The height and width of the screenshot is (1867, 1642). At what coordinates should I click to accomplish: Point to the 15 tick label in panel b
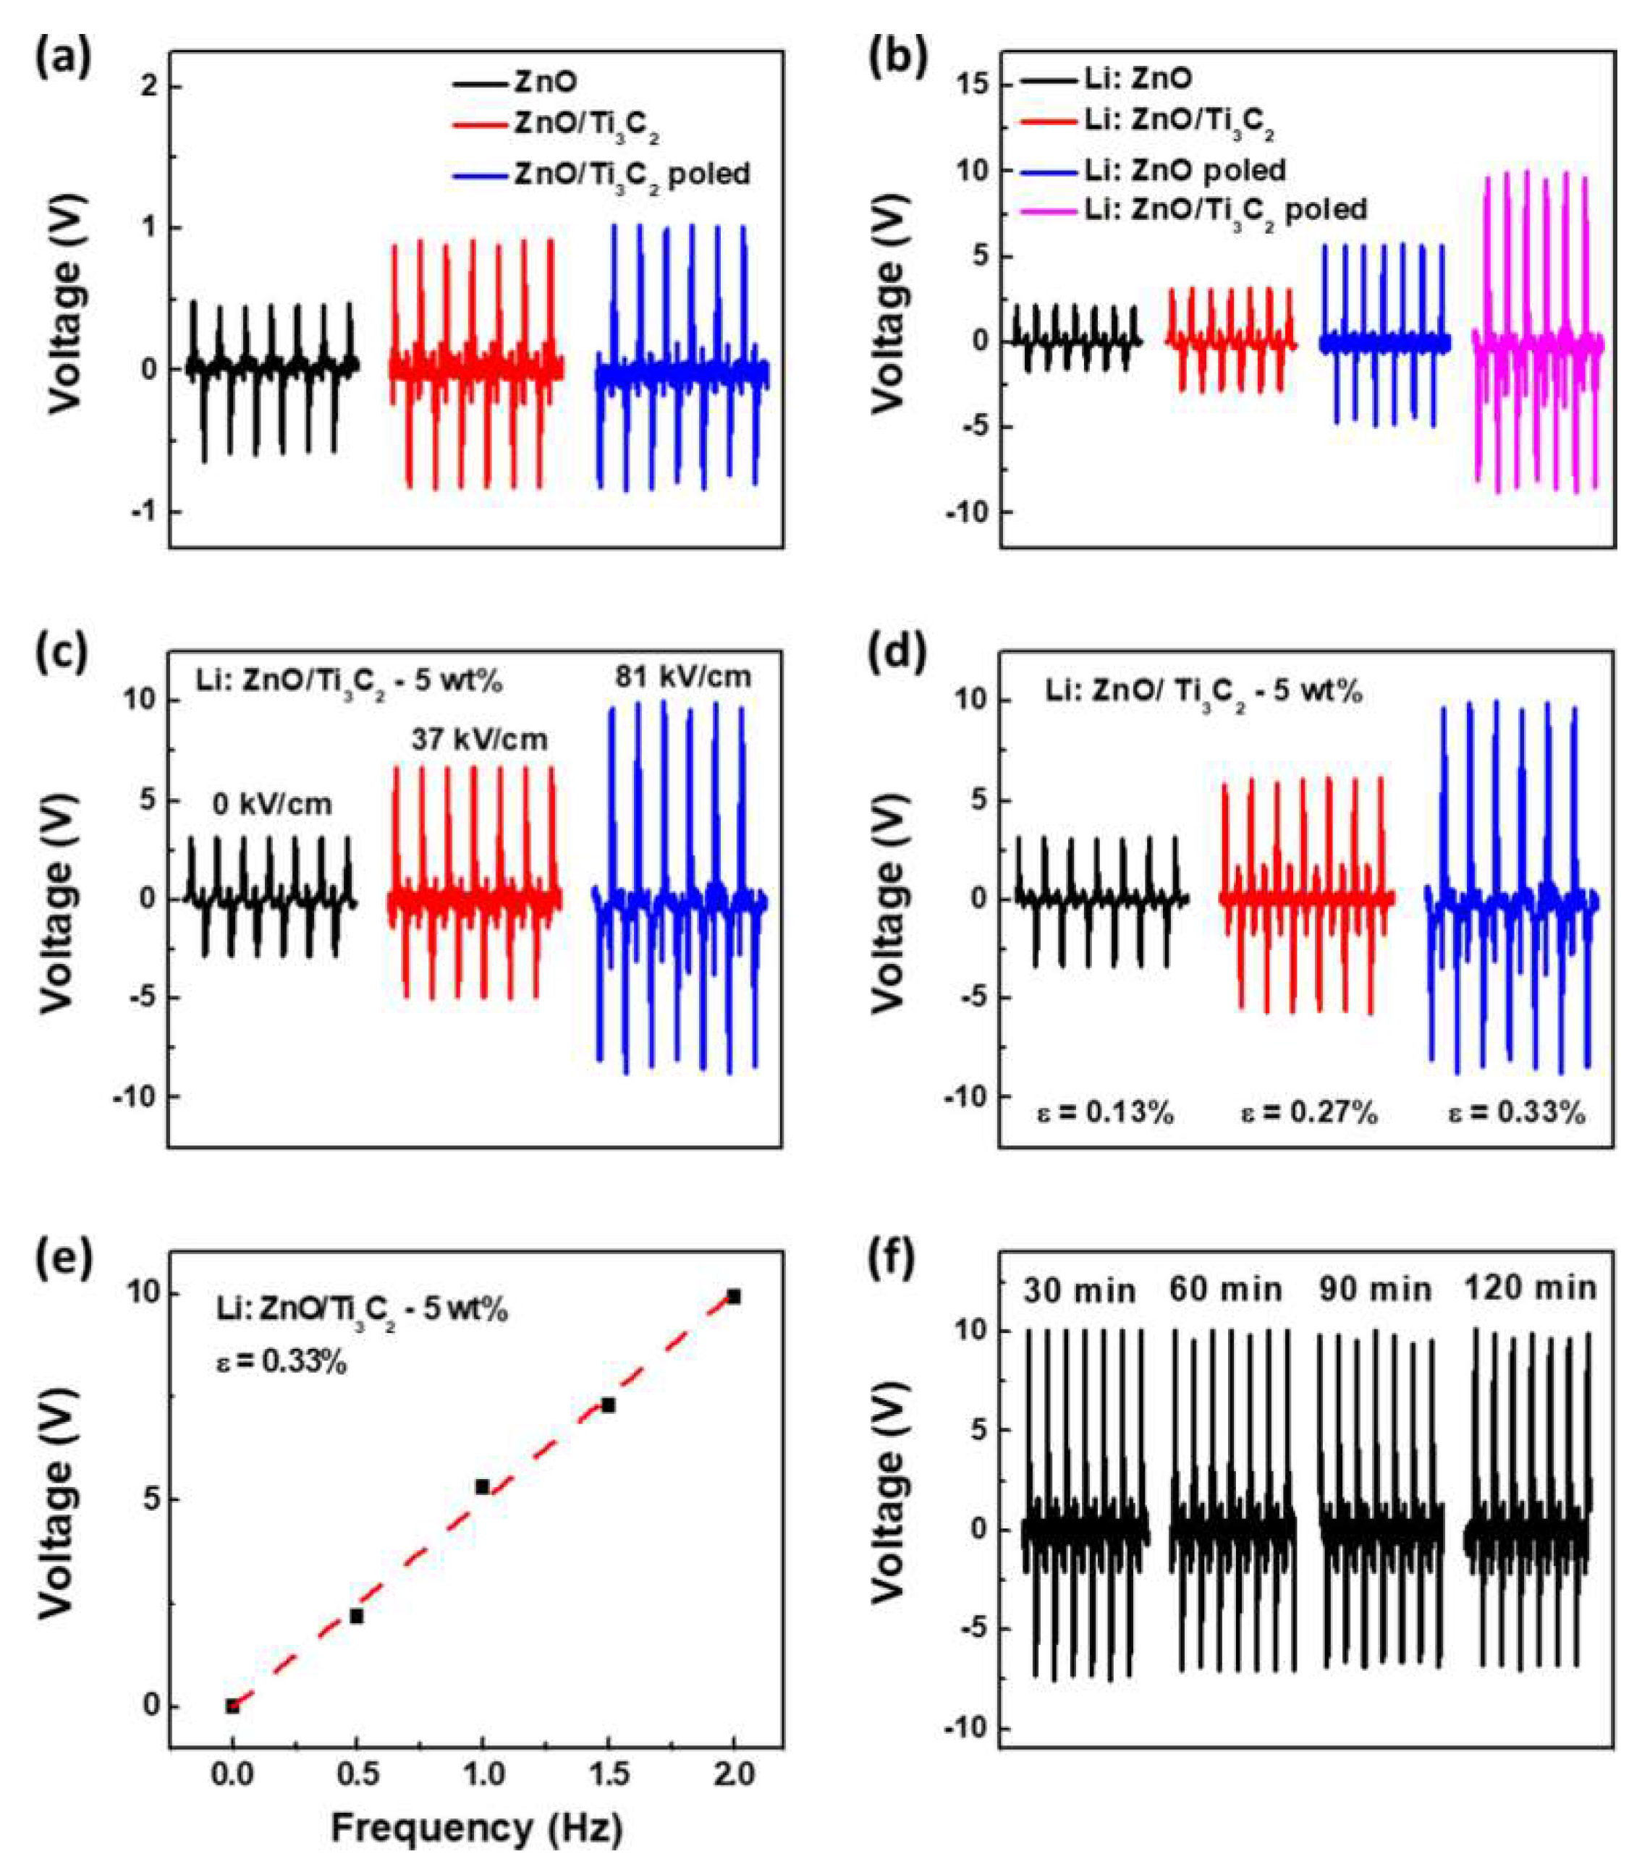(x=970, y=85)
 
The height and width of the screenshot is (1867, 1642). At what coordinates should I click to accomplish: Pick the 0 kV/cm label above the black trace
(x=272, y=805)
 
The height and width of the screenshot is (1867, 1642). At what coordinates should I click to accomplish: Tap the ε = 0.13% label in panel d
(x=1106, y=1114)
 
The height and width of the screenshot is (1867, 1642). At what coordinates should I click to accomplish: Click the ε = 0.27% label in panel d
(x=1308, y=1114)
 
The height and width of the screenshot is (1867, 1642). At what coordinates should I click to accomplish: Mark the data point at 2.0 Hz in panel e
(x=733, y=1297)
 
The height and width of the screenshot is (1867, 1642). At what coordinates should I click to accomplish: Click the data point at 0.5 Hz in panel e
(x=357, y=1617)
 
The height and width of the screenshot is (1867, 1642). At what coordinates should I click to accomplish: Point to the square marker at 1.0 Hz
(x=482, y=1487)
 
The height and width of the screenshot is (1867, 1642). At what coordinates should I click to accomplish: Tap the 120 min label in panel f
(x=1530, y=1289)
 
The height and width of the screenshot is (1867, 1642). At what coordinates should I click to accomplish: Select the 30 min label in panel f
(x=1080, y=1292)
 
